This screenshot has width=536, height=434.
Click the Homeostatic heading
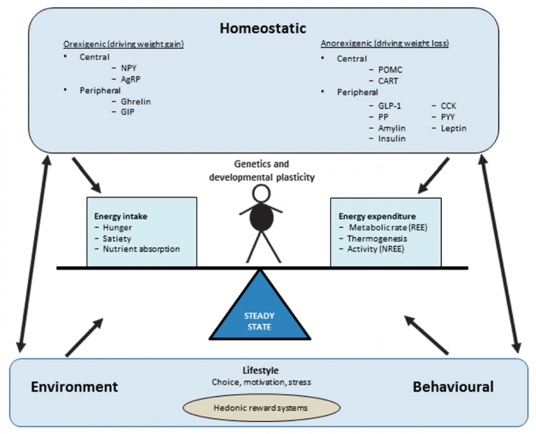coord(263,28)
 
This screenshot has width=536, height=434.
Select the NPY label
coord(128,68)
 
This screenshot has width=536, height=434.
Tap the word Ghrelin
coord(135,101)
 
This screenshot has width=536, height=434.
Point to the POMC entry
coord(390,70)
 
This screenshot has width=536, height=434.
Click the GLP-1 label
coord(389,106)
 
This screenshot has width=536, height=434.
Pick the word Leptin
coord(453,129)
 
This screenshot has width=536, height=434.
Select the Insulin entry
coord(392,138)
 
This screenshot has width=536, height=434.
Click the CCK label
coord(448,106)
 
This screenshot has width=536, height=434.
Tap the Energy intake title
coord(121,217)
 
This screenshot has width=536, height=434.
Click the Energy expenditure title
coord(377,217)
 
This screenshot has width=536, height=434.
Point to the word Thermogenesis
coord(377,238)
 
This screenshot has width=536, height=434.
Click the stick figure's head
coord(261,194)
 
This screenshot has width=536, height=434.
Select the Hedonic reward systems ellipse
coord(262,407)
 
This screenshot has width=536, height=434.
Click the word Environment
coord(74,386)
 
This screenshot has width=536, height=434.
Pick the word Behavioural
coord(453,386)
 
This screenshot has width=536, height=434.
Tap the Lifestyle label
coord(260,370)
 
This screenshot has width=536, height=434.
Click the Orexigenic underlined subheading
coord(124,44)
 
